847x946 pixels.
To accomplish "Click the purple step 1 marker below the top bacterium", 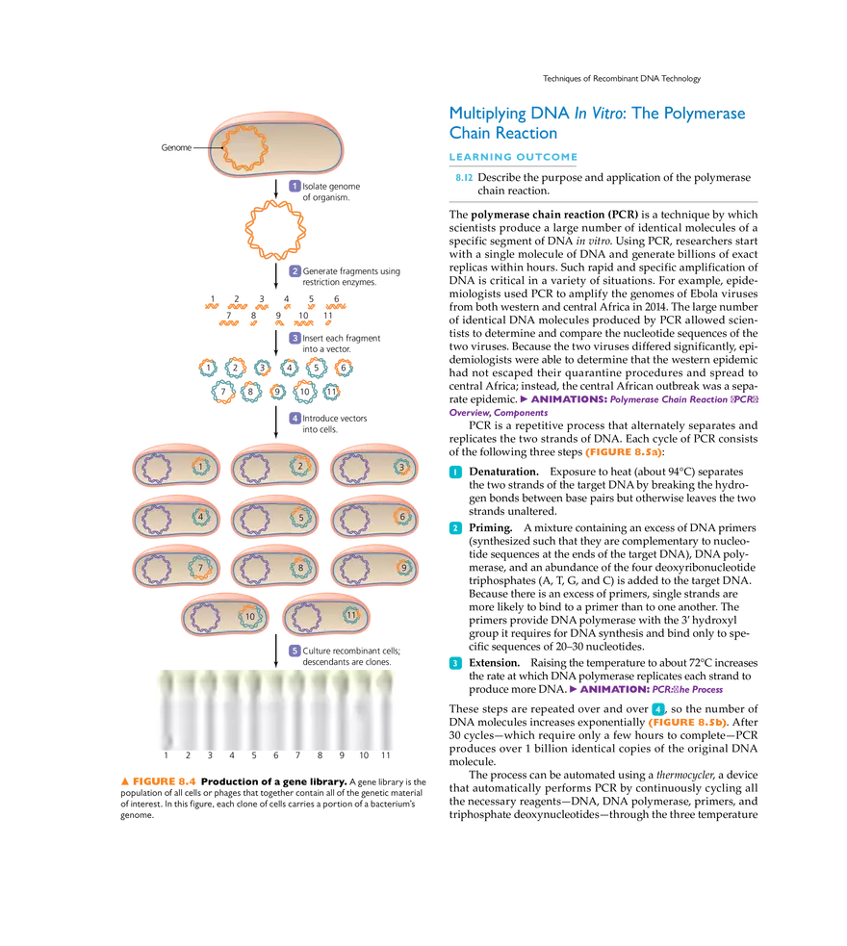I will (x=295, y=185).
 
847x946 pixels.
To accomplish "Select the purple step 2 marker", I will (x=295, y=271).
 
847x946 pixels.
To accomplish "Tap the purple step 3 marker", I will (x=295, y=339).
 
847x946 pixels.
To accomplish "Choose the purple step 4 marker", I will (x=295, y=419).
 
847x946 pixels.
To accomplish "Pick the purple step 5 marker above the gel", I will (x=295, y=652).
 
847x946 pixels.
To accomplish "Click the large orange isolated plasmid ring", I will (x=274, y=229).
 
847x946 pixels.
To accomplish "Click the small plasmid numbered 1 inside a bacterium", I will (x=200, y=467).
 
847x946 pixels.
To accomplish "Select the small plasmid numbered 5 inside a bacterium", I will (x=301, y=518).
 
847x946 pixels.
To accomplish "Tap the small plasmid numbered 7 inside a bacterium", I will (x=200, y=568).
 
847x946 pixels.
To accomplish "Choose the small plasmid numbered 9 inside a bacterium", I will (x=403, y=568).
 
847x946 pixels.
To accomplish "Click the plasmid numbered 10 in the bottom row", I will (x=250, y=616).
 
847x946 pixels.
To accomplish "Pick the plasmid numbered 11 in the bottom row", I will (x=351, y=615).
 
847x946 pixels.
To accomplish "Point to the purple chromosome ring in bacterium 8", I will (x=255, y=568).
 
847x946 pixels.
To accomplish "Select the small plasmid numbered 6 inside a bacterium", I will (x=402, y=517).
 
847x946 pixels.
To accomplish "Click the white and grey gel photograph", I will (x=277, y=712).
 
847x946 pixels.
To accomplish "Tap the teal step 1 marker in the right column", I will (x=456, y=473).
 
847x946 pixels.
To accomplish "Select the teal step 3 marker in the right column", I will (x=456, y=663).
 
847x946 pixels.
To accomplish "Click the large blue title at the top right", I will (x=597, y=123).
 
